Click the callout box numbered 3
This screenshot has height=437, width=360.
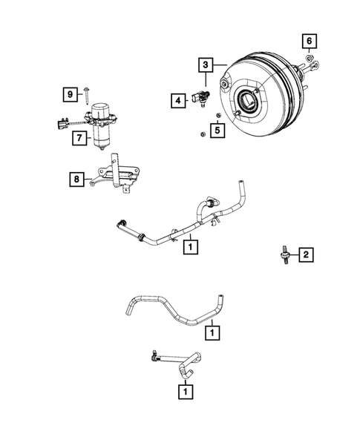click(206, 65)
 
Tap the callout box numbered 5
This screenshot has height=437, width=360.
click(217, 131)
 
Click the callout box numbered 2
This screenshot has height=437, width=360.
click(305, 255)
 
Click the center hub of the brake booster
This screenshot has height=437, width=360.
click(249, 99)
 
